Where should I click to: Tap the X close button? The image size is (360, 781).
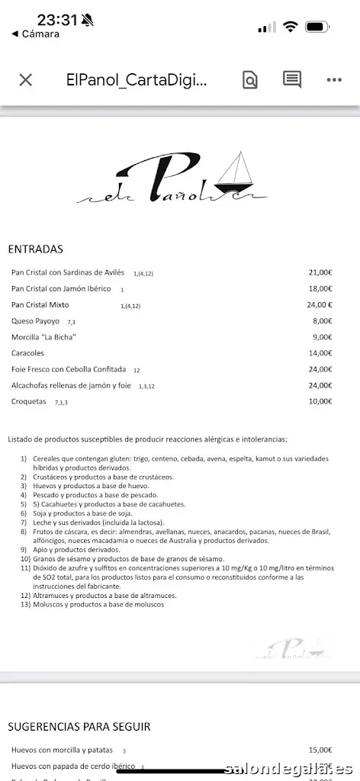pyautogui.click(x=25, y=80)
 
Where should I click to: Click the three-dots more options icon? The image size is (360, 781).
pyautogui.click(x=334, y=80)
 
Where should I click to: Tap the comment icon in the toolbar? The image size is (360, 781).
pyautogui.click(x=292, y=79)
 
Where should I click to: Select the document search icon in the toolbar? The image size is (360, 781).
pyautogui.click(x=250, y=80)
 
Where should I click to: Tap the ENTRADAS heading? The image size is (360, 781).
pyautogui.click(x=35, y=249)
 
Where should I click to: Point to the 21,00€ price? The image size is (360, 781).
pyautogui.click(x=320, y=272)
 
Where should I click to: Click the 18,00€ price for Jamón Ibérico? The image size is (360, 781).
pyautogui.click(x=320, y=289)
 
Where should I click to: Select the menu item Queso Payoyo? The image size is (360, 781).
pyautogui.click(x=35, y=321)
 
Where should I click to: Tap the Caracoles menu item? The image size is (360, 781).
pyautogui.click(x=28, y=353)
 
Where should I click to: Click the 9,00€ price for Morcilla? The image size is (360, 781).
pyautogui.click(x=322, y=337)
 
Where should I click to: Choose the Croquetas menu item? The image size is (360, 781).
pyautogui.click(x=29, y=401)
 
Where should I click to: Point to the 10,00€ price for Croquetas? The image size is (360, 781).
pyautogui.click(x=320, y=401)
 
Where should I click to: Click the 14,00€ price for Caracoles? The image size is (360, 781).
pyautogui.click(x=320, y=353)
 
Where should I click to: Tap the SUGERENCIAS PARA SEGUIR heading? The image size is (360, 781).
pyautogui.click(x=79, y=727)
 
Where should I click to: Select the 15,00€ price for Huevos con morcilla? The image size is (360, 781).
pyautogui.click(x=320, y=750)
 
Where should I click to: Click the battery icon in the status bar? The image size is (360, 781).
pyautogui.click(x=317, y=27)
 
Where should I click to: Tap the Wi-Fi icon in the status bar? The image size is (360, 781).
pyautogui.click(x=290, y=27)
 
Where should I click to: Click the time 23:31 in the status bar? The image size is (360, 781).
pyautogui.click(x=57, y=21)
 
